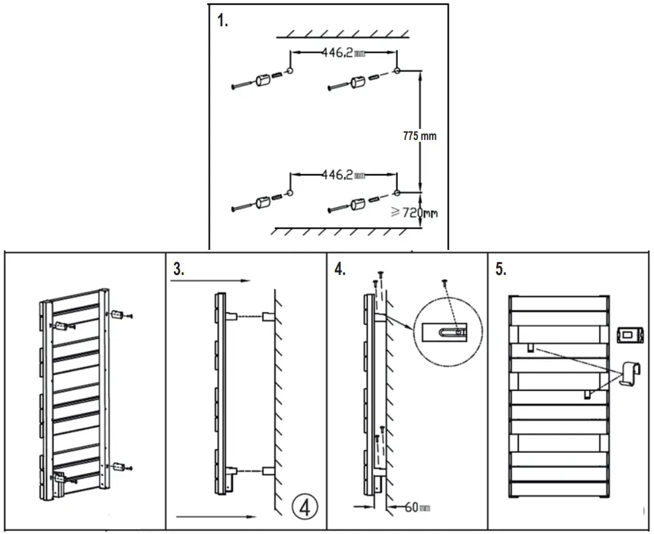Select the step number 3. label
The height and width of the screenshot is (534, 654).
pos(178,269)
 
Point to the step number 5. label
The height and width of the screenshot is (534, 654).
pos(501,269)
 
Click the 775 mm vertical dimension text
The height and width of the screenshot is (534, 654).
pos(420,136)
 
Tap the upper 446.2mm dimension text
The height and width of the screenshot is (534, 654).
pos(343,53)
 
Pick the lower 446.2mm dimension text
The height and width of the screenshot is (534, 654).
pos(343,175)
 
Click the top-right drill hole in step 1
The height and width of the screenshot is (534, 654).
pos(397,71)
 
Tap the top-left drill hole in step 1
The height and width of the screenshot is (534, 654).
pos(290,72)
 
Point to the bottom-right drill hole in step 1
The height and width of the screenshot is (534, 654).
pos(397,193)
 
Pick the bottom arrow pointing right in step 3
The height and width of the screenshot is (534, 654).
pos(216,517)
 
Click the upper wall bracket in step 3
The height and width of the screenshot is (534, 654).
pos(268,317)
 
